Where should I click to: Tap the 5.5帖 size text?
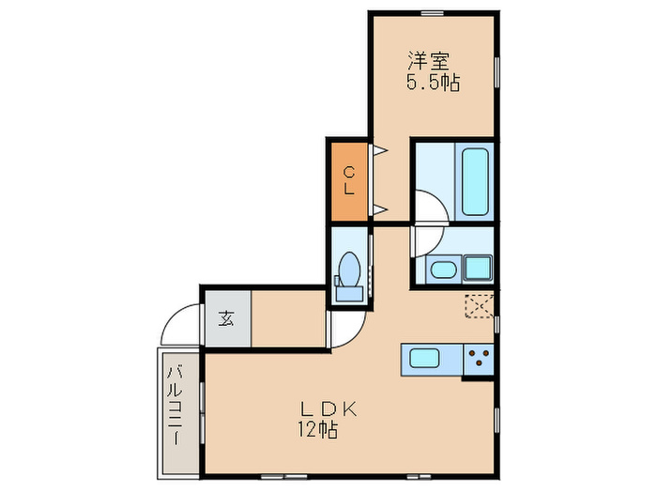click(x=432, y=83)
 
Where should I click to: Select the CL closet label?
click(x=348, y=180)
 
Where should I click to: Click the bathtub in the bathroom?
click(x=473, y=180)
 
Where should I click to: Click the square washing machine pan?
click(x=479, y=268)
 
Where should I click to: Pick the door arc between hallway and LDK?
click(x=347, y=324)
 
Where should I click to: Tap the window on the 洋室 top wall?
click(x=432, y=11)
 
